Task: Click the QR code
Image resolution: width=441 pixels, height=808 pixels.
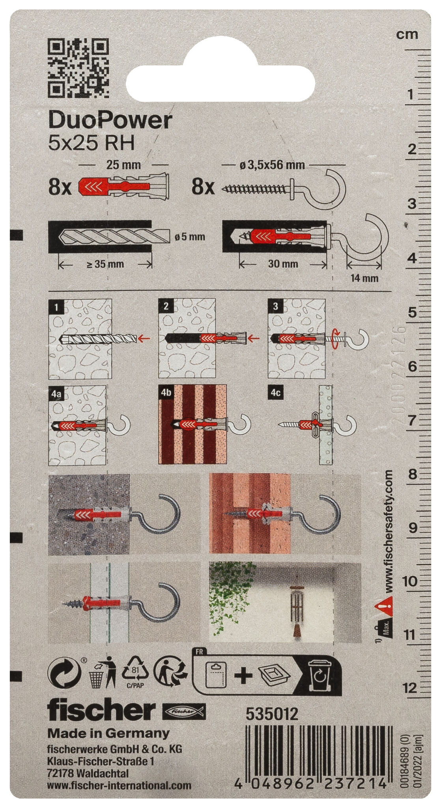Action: pyautogui.click(x=78, y=68)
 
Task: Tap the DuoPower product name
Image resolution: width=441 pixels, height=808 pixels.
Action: pyautogui.click(x=110, y=120)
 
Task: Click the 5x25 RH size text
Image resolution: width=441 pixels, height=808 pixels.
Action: pyautogui.click(x=91, y=143)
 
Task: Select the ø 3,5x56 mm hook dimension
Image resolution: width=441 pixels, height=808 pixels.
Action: pyautogui.click(x=272, y=165)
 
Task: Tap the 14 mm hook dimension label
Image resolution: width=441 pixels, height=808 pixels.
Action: pyautogui.click(x=364, y=278)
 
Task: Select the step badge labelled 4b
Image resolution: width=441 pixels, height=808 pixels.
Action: pyautogui.click(x=166, y=393)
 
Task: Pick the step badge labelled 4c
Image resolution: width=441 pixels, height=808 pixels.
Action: pyautogui.click(x=275, y=393)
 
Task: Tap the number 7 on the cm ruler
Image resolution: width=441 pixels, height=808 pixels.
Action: pyautogui.click(x=411, y=420)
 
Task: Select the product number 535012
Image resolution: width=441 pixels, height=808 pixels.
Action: pyautogui.click(x=272, y=714)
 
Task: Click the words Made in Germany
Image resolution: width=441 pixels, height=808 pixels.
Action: pyautogui.click(x=108, y=733)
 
